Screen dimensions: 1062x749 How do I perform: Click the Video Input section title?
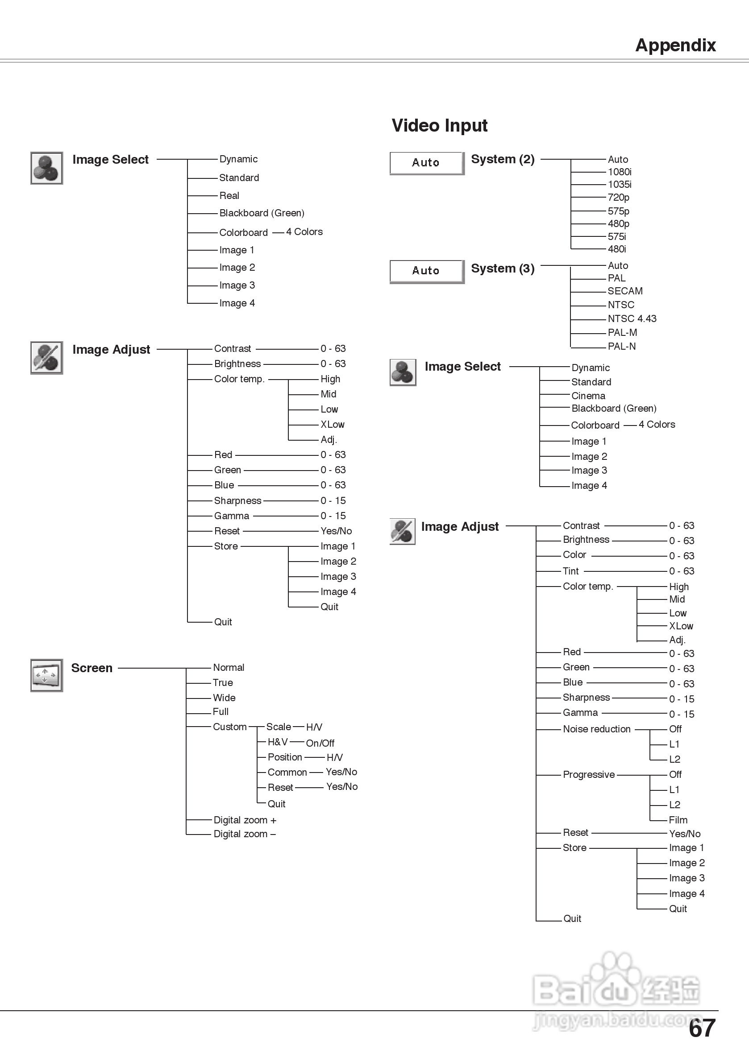tap(439, 125)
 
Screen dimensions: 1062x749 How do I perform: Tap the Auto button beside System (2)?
tap(426, 163)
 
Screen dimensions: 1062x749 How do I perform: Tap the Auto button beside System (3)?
tap(426, 271)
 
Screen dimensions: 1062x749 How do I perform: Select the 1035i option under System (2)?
tap(620, 185)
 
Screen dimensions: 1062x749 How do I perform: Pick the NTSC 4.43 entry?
tap(632, 319)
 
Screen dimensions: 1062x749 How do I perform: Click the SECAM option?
tap(625, 291)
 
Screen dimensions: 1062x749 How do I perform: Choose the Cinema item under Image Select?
tap(588, 396)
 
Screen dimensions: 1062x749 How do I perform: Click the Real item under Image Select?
tap(229, 196)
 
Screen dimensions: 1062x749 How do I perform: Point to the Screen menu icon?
tap(46, 675)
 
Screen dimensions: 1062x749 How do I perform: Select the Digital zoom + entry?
tap(245, 820)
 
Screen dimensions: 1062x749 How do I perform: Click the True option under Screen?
tap(223, 683)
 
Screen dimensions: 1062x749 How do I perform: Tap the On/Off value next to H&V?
tap(320, 743)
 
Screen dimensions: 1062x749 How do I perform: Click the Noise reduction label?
tap(596, 729)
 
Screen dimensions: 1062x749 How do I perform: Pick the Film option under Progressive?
tap(678, 820)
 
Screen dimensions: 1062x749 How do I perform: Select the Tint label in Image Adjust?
tap(570, 571)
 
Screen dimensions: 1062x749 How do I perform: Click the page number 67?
tap(702, 1029)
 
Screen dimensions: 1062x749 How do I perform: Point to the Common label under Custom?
tap(287, 773)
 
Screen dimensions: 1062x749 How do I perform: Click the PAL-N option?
tap(621, 347)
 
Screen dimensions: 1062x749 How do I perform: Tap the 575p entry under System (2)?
tap(619, 211)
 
